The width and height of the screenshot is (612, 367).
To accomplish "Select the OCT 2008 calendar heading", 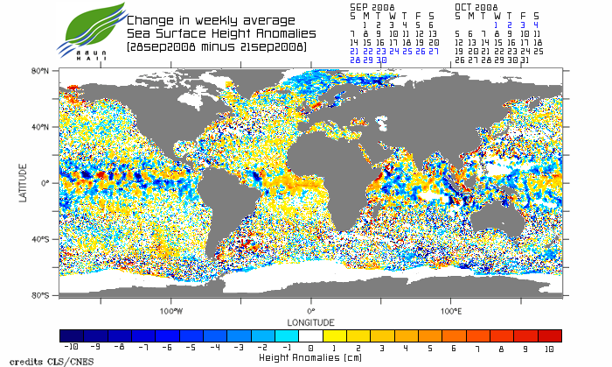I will [476, 7].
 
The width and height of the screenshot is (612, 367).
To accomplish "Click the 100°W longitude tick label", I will [171, 311].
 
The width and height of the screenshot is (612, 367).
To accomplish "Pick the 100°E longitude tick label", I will [451, 311].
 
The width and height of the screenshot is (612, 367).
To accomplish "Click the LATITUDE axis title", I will [24, 182].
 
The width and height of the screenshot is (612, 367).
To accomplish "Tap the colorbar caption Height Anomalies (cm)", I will [310, 357].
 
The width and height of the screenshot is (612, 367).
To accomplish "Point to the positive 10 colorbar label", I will [549, 348].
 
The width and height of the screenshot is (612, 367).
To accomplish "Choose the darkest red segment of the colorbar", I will [550, 335].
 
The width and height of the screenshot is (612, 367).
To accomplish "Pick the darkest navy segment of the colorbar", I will [72, 335].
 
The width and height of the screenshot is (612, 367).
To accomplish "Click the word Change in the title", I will [150, 20].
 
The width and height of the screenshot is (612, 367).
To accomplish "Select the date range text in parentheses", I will [216, 46].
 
